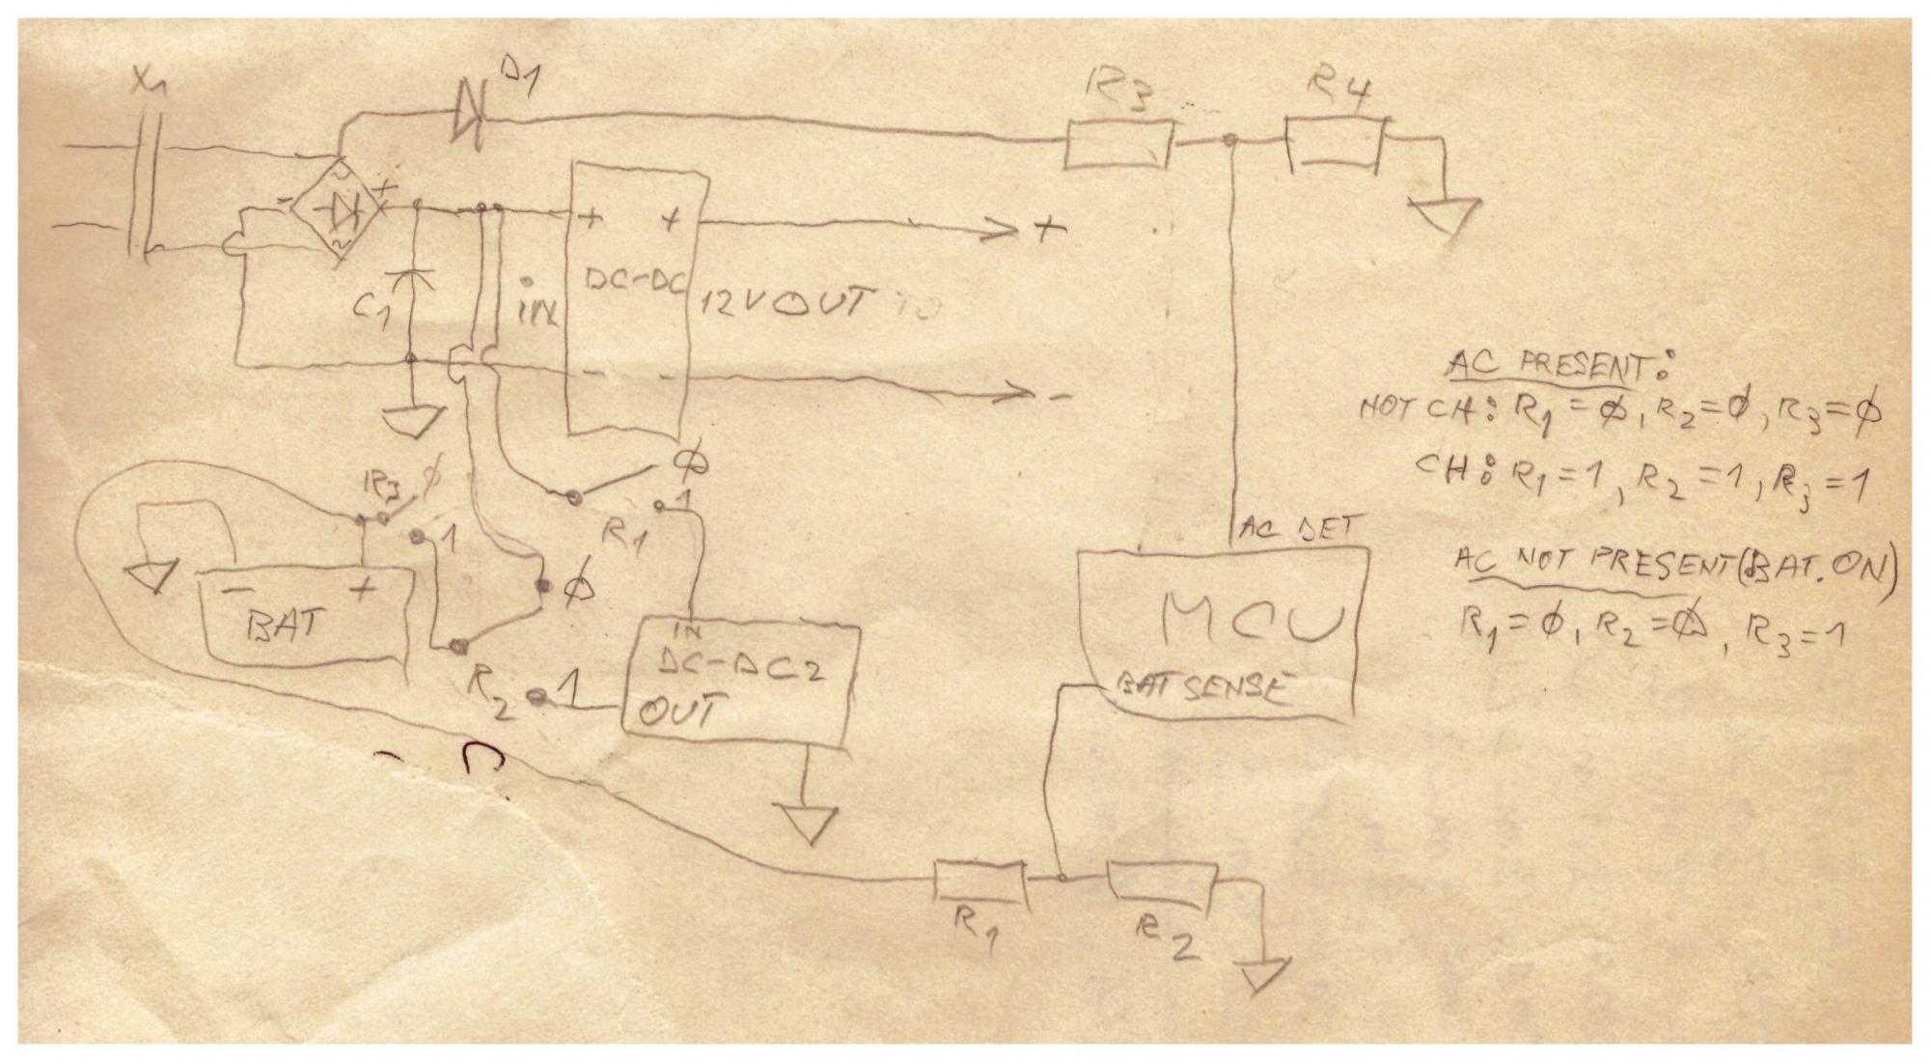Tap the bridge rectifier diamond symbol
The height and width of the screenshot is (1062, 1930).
[339, 209]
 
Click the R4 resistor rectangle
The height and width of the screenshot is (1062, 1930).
[1336, 146]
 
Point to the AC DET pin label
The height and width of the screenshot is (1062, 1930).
[1298, 529]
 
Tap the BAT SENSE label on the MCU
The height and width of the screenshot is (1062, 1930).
[1202, 688]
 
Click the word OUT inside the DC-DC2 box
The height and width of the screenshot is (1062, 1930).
[676, 713]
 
